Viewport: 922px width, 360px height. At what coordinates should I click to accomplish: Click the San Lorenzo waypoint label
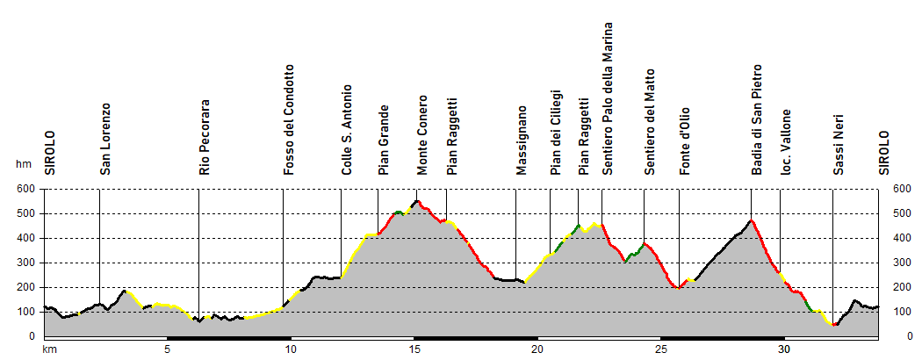(105, 140)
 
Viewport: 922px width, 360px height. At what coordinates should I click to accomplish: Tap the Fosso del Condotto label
(289, 119)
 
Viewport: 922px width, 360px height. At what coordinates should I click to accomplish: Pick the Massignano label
(522, 140)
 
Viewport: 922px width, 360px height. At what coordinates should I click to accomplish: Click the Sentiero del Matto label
(650, 121)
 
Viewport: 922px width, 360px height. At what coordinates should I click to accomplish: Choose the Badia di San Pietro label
(757, 119)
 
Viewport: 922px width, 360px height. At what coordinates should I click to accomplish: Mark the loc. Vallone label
(787, 141)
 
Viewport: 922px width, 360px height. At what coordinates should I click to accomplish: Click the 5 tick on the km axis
(167, 349)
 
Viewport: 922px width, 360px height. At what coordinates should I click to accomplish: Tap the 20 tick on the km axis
(537, 349)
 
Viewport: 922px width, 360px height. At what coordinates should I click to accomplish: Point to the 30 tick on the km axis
(783, 349)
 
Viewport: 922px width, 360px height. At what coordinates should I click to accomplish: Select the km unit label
(49, 349)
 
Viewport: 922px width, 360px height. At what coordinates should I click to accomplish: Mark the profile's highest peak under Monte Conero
(417, 201)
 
